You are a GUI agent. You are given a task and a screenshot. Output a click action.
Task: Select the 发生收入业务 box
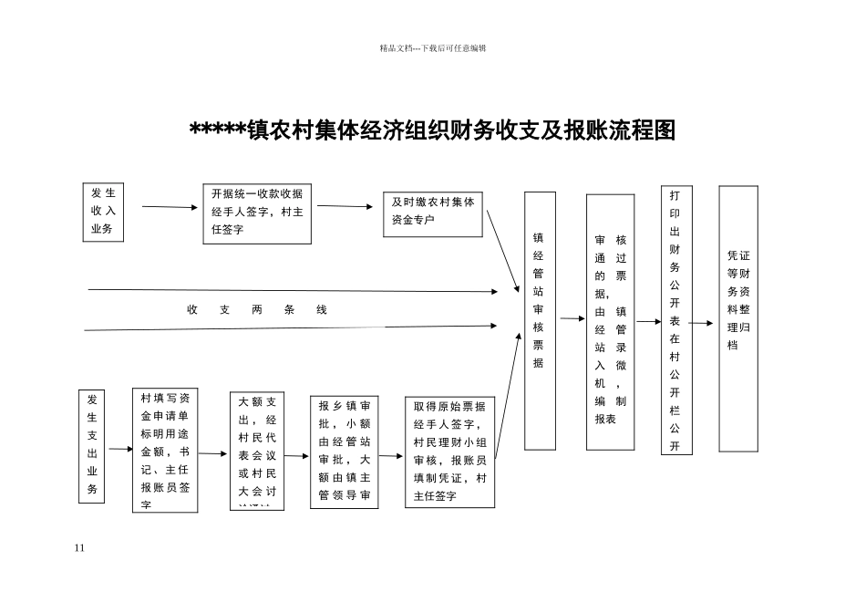point(103,212)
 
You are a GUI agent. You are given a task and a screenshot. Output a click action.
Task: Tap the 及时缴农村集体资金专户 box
point(433,213)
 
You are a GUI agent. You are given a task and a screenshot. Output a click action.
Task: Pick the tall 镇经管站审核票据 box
point(540,319)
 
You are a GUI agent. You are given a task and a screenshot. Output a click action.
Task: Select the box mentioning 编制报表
point(610,321)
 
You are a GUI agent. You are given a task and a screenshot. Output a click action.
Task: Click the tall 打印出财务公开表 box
point(675,321)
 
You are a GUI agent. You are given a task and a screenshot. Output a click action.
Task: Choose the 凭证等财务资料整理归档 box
point(738,318)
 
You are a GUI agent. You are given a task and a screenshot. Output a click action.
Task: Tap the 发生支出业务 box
point(92,446)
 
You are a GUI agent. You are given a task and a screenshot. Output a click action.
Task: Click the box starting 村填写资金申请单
point(165,449)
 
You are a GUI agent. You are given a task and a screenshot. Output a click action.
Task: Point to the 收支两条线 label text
point(257,310)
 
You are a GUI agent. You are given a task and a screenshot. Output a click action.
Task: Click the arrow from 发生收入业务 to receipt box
point(170,207)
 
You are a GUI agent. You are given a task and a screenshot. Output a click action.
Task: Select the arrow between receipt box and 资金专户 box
point(345,206)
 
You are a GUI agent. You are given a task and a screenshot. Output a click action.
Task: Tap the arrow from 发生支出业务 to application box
point(120,449)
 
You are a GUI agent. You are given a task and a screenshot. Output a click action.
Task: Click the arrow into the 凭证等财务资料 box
point(701,323)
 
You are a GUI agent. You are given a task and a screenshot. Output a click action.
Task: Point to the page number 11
point(79,547)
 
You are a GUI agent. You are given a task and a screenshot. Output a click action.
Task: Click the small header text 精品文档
point(432,48)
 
